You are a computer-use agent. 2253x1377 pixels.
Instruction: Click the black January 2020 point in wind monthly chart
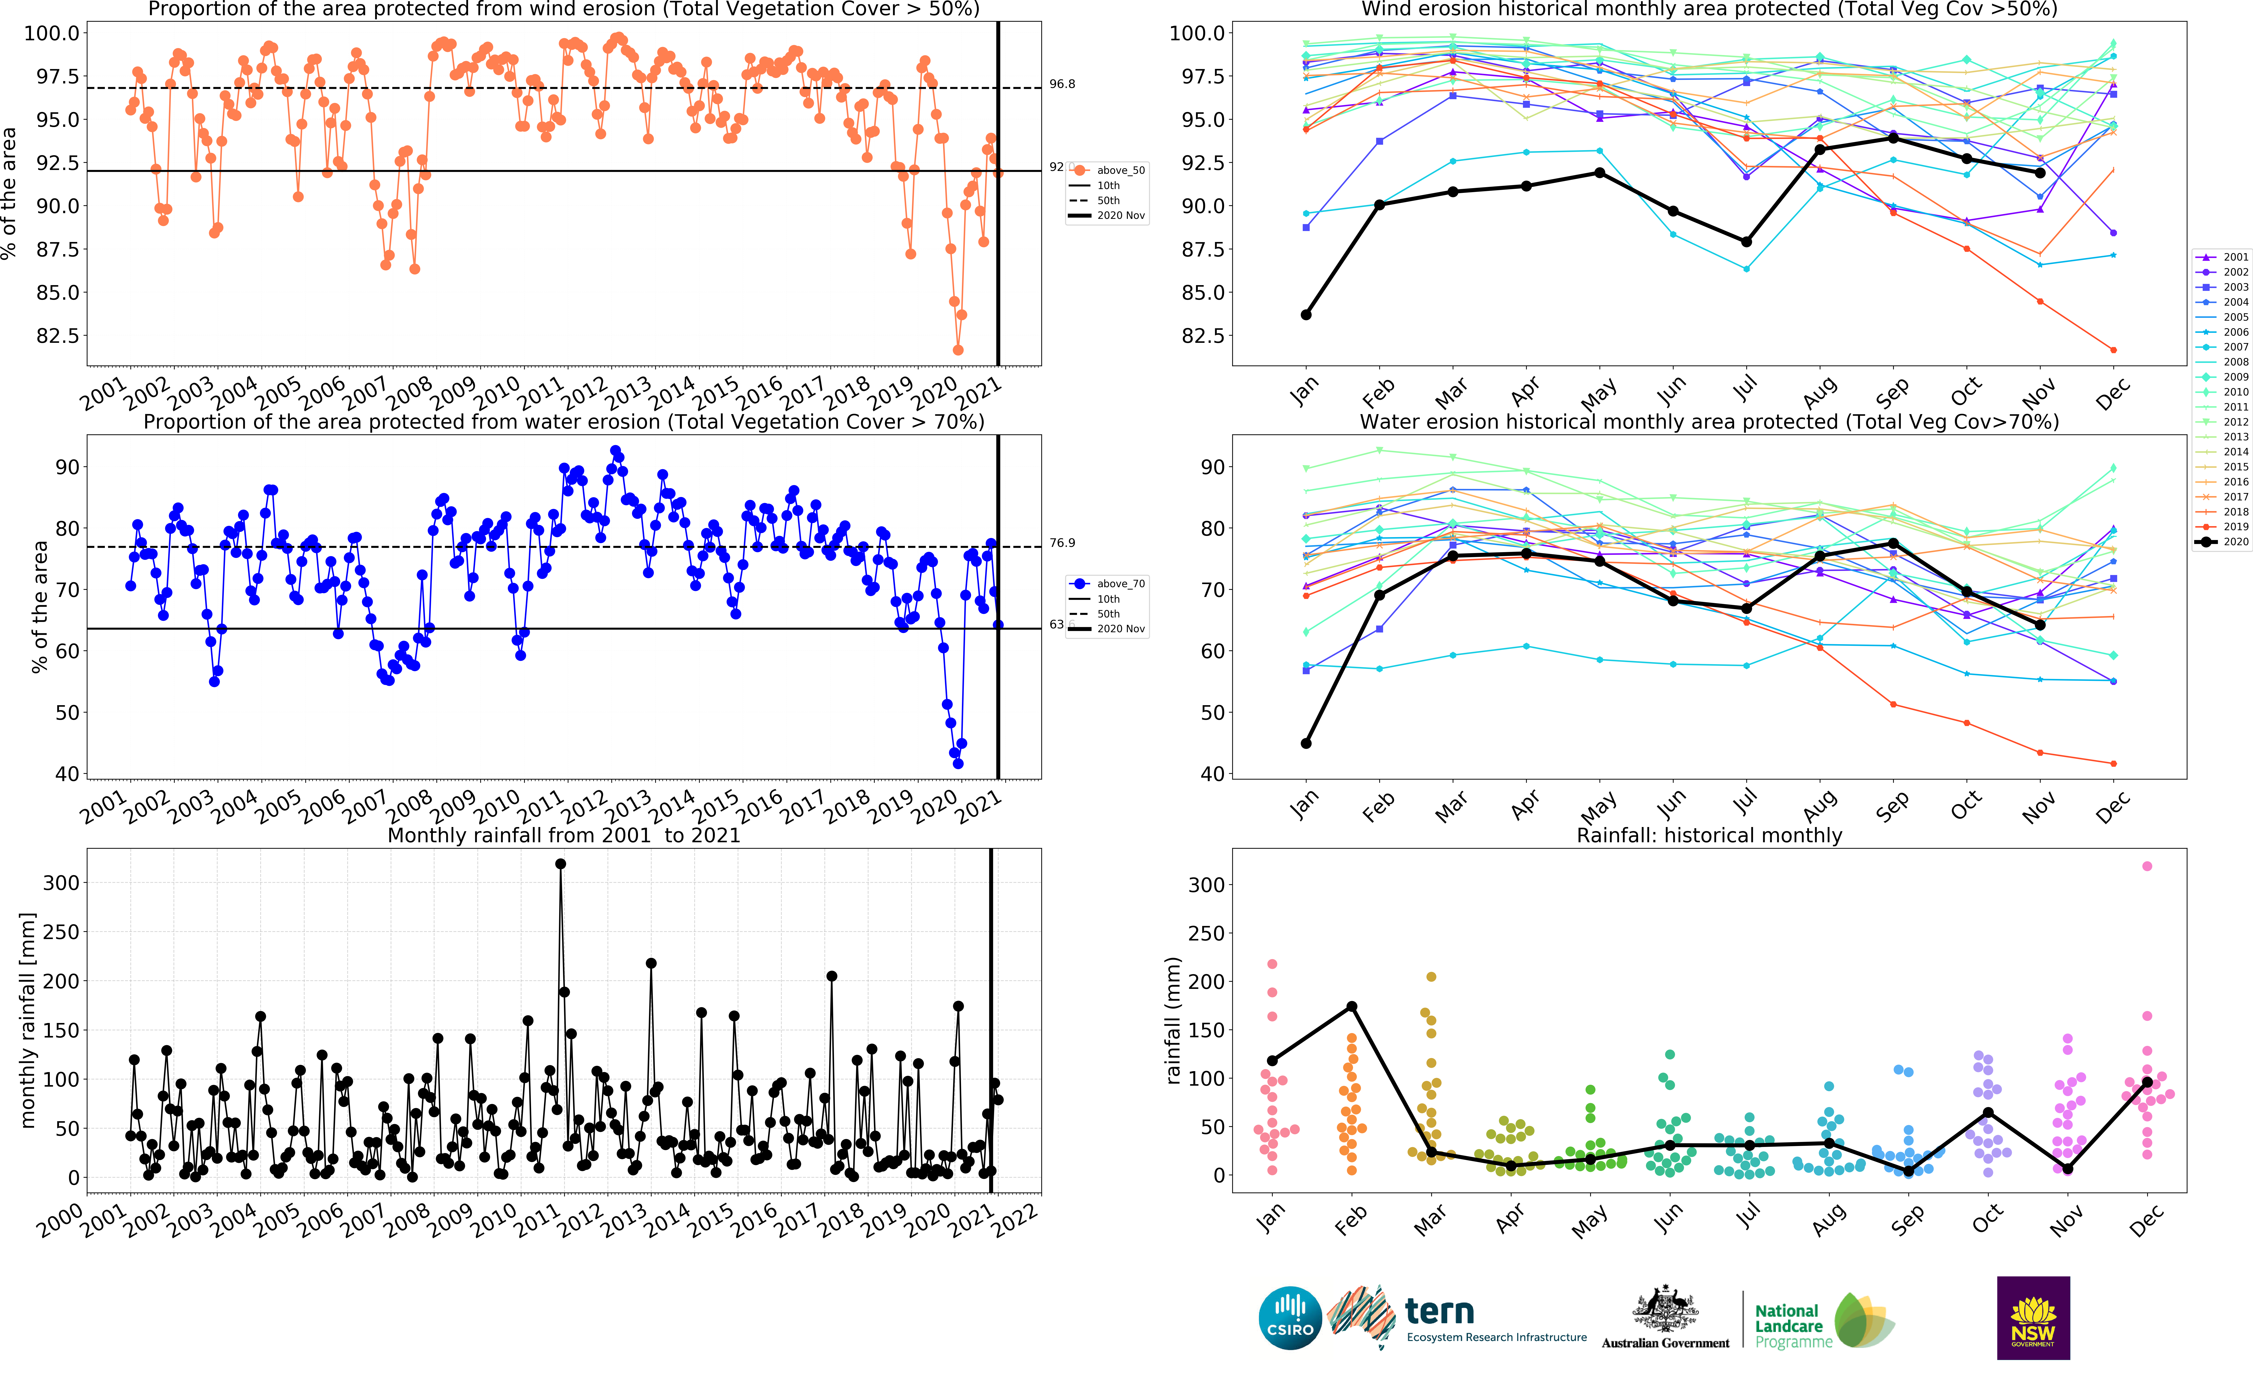(1306, 314)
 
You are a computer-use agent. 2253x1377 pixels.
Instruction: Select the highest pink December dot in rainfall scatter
(2147, 866)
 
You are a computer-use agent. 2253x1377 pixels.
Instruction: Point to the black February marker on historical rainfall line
(1351, 1007)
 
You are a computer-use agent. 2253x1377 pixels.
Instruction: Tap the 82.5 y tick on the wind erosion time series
(57, 336)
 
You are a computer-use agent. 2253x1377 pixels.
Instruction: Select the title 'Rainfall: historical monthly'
(1709, 835)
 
